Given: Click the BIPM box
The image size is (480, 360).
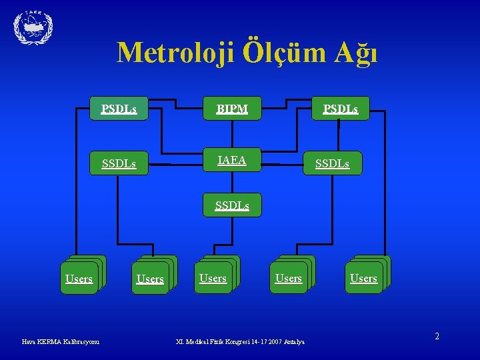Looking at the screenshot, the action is pos(232,108).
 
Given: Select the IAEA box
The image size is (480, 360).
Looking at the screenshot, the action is pos(232,161).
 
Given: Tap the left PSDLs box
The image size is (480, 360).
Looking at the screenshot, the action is pos(119,108).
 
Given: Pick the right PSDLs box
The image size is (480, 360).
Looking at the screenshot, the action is pos(340,108).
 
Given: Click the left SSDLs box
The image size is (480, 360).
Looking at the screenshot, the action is pos(119,163).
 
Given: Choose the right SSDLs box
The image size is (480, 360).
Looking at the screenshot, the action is pos(332,163).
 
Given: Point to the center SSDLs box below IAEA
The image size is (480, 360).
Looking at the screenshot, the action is pos(232,205).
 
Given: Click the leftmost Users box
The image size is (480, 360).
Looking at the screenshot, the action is pos(79,279).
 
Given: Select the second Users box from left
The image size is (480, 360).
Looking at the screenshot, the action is pos(150,279).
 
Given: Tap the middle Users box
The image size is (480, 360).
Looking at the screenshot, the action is pos(213,278).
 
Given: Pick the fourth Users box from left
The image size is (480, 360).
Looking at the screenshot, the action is pos(288,278).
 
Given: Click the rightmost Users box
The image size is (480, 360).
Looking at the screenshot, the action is pos(363,278).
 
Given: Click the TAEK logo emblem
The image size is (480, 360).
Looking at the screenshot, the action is pos(33,27).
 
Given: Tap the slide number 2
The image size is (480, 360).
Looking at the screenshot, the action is pos(437,337).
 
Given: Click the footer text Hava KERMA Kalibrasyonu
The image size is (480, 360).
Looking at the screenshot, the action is pos(61,342).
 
